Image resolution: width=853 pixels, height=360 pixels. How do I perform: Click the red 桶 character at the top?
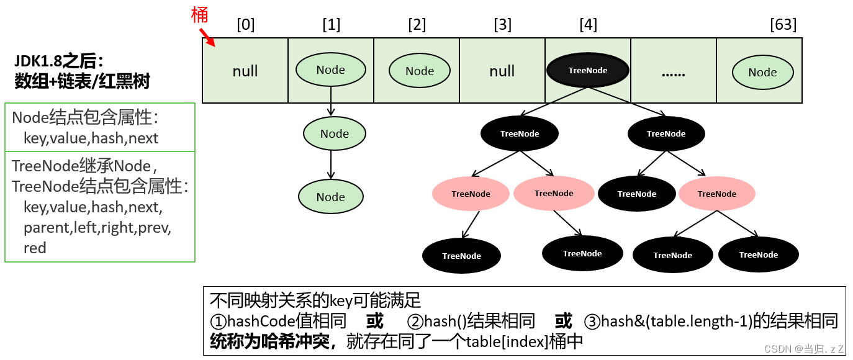point(200,14)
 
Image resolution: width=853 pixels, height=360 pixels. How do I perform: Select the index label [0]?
point(245,25)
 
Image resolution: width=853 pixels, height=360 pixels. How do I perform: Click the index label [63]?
point(783,25)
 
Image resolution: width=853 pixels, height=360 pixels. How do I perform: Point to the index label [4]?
point(588,25)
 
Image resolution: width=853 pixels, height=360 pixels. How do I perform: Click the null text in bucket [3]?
point(502,71)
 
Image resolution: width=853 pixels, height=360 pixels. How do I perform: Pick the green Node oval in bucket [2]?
point(420,71)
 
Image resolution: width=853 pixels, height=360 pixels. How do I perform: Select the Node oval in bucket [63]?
point(762,72)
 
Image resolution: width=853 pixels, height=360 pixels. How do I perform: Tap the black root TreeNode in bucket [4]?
point(587,70)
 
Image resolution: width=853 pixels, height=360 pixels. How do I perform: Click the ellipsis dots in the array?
point(673,72)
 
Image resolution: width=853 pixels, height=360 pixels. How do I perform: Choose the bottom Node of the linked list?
point(330,197)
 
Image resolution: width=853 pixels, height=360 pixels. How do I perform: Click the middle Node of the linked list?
point(334,133)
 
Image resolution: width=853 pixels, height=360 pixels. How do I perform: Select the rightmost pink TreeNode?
point(716,194)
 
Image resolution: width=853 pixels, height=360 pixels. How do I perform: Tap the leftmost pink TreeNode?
point(471,194)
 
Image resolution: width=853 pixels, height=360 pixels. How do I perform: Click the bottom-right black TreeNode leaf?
point(758,254)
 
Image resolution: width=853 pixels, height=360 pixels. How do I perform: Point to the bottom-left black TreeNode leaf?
point(461,256)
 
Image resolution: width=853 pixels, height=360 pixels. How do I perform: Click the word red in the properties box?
point(35,248)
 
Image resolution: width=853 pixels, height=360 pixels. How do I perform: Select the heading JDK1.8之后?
point(58,61)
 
